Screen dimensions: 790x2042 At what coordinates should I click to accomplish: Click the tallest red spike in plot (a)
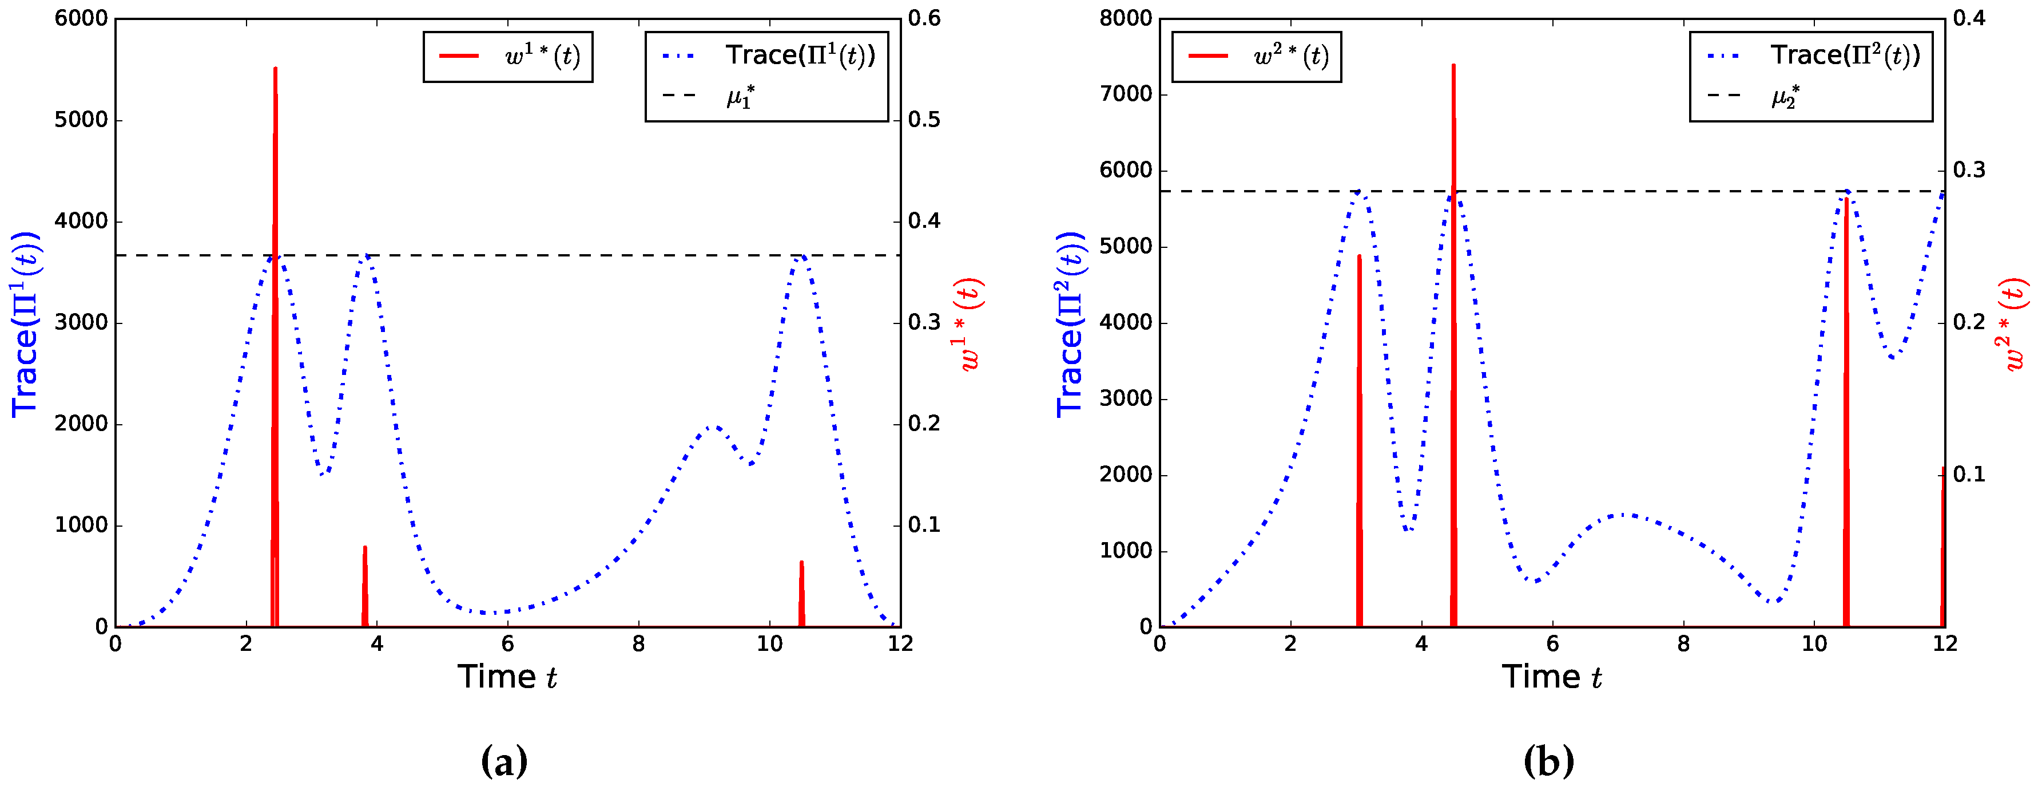tap(275, 238)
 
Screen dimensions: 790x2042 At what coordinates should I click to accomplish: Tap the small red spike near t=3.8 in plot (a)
tap(365, 587)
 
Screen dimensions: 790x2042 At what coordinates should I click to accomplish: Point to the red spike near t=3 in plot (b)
tap(1358, 436)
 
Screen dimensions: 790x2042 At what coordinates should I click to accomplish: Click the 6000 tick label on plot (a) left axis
tap(81, 18)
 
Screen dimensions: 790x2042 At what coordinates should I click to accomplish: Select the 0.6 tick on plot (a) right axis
tap(924, 18)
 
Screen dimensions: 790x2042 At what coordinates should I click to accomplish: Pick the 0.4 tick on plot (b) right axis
tap(1969, 18)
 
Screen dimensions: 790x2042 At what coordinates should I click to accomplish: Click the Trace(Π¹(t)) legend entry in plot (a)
tap(799, 56)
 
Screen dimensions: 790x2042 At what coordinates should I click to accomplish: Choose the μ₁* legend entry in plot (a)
tap(740, 97)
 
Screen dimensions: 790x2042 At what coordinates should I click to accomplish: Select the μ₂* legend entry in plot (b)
tap(1785, 97)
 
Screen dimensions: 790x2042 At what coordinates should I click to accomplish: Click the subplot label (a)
tap(504, 761)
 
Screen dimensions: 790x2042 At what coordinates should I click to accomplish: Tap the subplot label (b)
tap(1548, 761)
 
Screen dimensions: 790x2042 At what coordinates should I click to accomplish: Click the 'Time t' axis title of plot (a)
tap(507, 677)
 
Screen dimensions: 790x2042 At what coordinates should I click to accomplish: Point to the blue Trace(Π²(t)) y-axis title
tap(1070, 323)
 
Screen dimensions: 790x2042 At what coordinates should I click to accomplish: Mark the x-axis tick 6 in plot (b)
tap(1552, 643)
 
